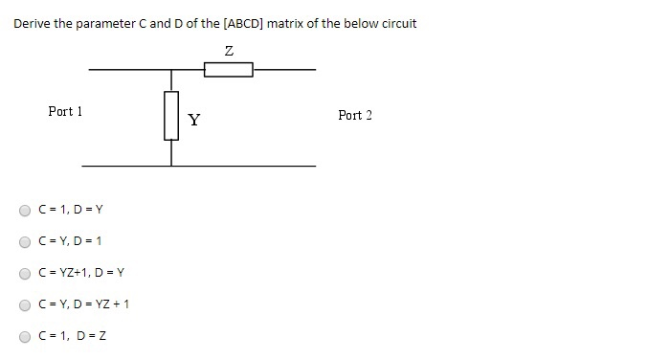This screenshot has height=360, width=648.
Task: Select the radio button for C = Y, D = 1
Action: point(24,241)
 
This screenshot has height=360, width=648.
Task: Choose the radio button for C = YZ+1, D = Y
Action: point(24,273)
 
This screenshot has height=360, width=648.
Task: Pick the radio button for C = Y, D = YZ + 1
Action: point(24,304)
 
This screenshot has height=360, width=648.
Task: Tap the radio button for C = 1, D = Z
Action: point(24,336)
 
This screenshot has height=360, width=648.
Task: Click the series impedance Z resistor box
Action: point(229,70)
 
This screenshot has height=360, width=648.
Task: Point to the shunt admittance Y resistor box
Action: point(172,116)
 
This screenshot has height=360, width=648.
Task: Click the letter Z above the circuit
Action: point(229,50)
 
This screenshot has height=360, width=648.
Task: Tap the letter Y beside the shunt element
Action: point(194,120)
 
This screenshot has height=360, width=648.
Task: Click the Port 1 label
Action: point(65,112)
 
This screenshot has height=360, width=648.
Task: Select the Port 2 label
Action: point(355,116)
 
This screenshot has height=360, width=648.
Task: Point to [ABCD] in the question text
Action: point(242,23)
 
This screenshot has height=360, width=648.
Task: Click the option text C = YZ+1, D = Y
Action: point(81,273)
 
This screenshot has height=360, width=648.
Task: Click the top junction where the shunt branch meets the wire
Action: point(172,70)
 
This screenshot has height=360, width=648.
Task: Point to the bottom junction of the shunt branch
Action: point(172,166)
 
